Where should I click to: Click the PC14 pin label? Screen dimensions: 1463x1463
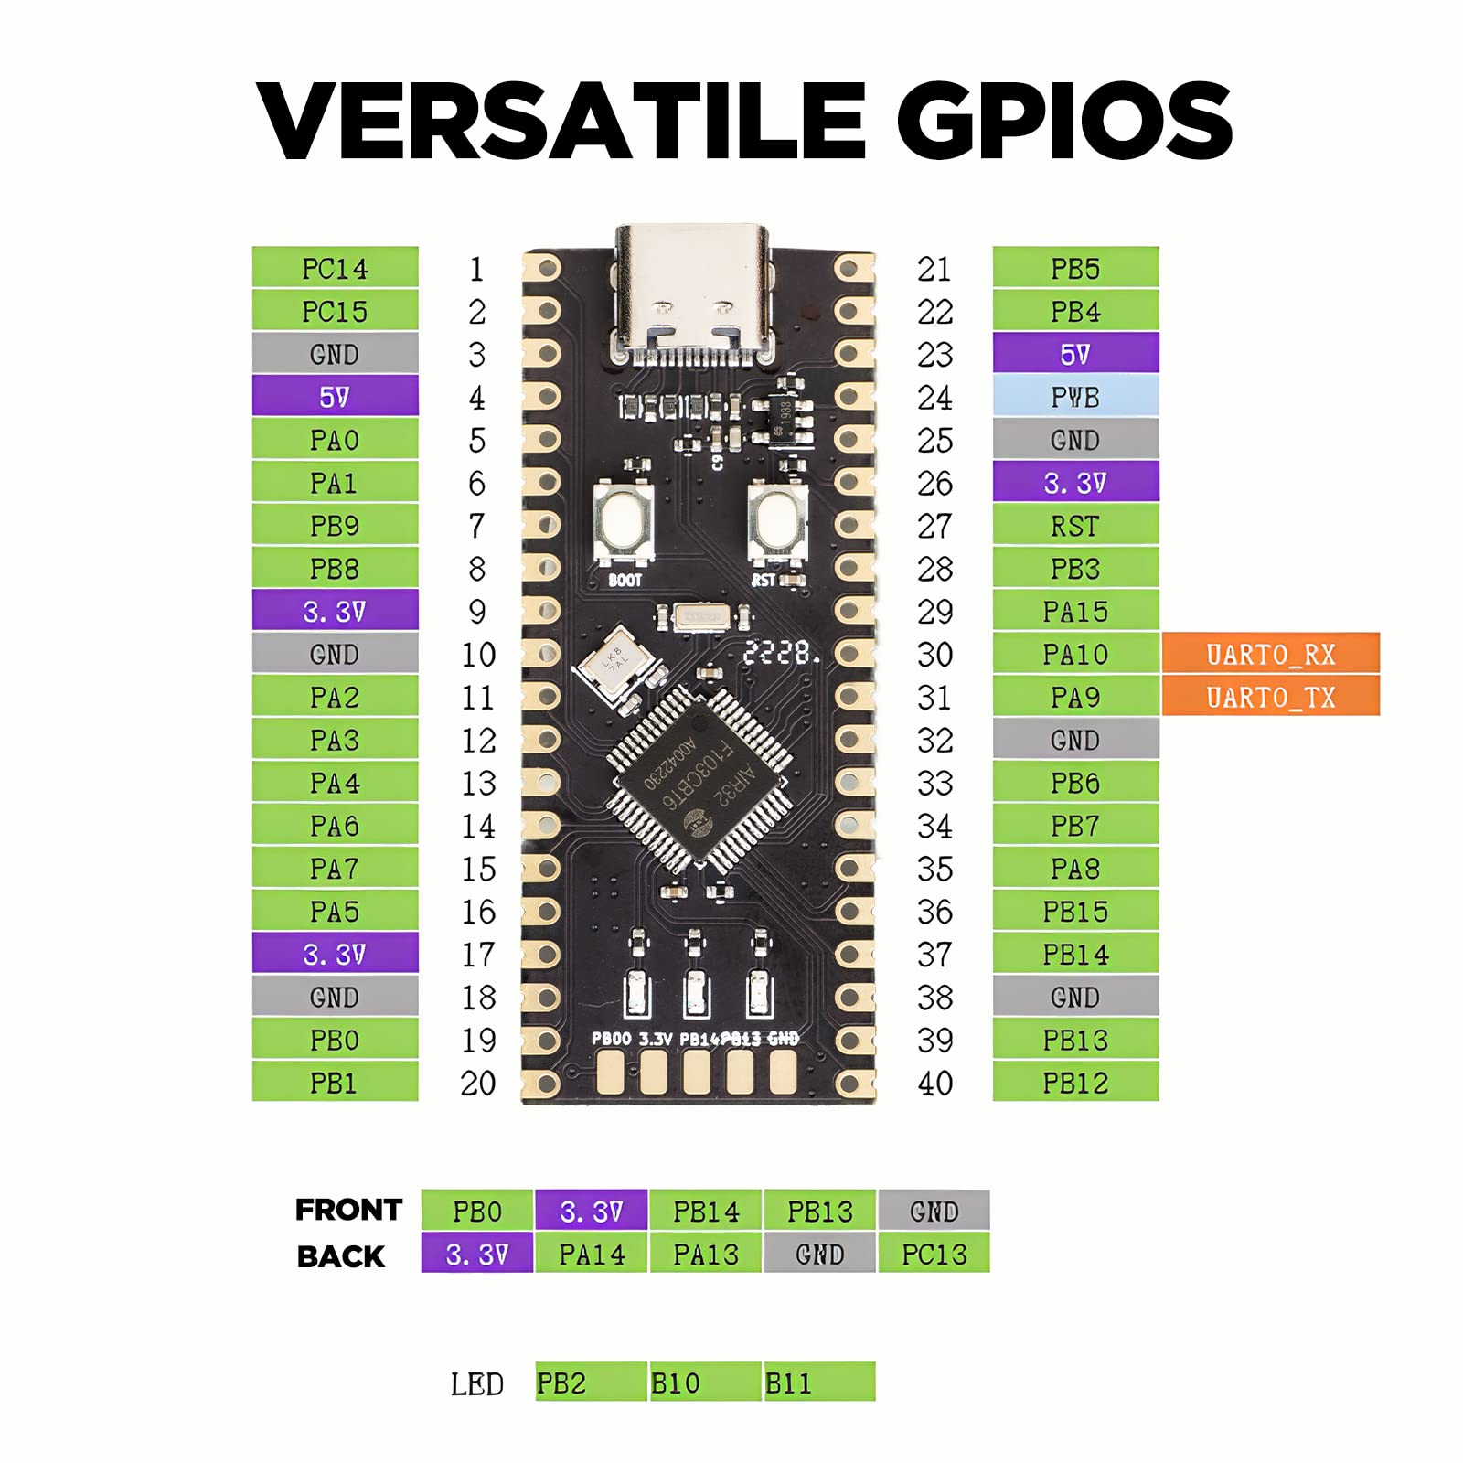pos(335,268)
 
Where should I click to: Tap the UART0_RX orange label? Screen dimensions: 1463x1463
pos(1270,654)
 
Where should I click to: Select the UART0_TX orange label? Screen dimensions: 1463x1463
pos(1270,697)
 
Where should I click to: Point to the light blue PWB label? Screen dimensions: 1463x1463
pos(1075,397)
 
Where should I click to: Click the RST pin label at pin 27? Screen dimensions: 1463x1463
pos(1075,526)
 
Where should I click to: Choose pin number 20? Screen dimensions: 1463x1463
pos(477,1083)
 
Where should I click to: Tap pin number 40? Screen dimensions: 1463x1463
pos(934,1083)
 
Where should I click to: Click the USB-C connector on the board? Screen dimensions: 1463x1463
pos(692,293)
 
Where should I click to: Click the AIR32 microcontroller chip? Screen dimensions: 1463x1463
pos(699,777)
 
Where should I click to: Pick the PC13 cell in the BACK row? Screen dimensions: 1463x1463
pos(934,1255)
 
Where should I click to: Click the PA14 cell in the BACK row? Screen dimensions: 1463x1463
pos(592,1255)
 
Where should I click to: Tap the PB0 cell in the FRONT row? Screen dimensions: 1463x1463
pos(477,1211)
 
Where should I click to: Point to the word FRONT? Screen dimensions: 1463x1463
pos(348,1210)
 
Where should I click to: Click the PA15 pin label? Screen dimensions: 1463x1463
pos(1075,611)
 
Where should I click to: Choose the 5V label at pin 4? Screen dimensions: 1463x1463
pos(335,397)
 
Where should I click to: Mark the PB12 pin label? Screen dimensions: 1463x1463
pos(1075,1083)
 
